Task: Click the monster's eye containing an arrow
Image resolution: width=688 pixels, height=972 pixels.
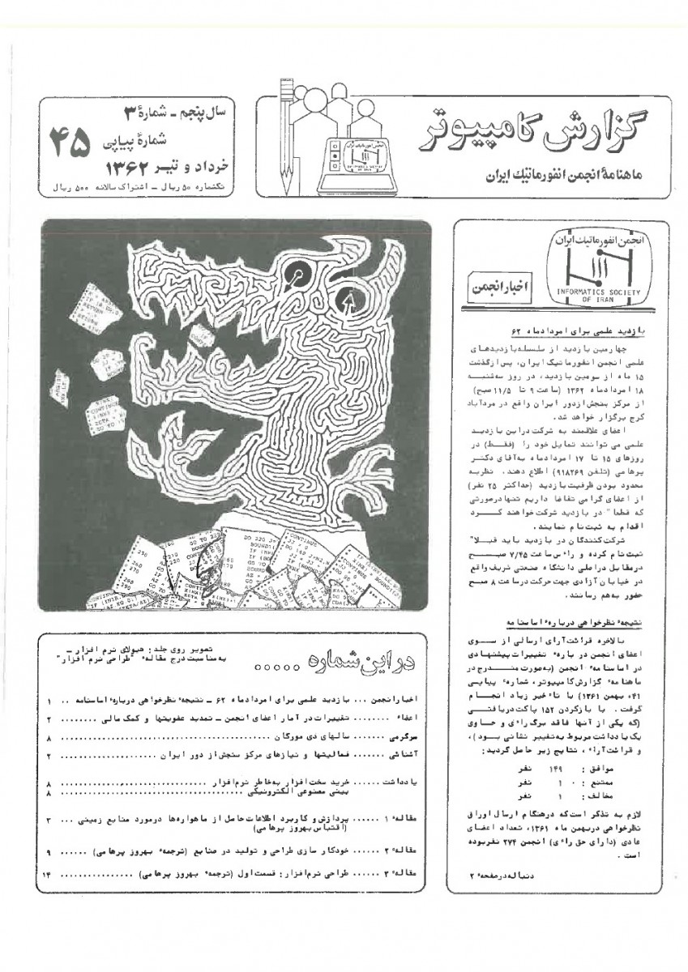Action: tap(349, 302)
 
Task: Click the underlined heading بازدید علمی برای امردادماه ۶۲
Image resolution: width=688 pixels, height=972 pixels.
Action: tap(567, 332)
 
